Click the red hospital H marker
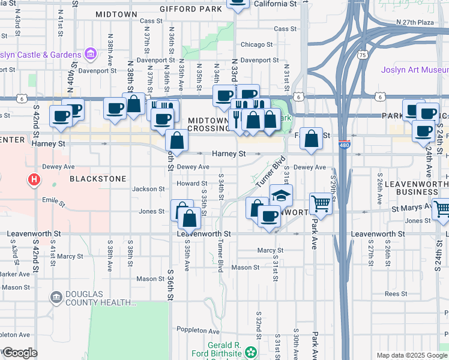(x=35, y=179)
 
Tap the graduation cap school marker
(x=281, y=196)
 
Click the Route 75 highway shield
(x=362, y=55)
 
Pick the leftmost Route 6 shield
(x=22, y=98)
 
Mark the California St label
(x=275, y=4)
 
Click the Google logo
(x=20, y=352)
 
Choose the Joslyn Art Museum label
(x=414, y=69)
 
